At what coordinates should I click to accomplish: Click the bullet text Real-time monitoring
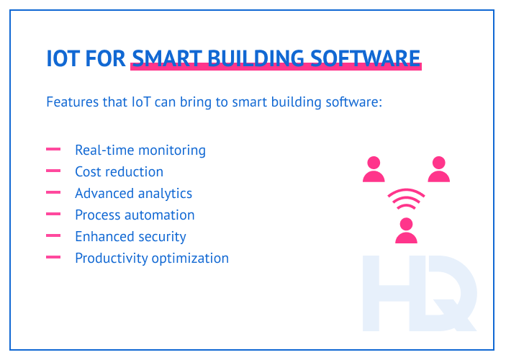140,150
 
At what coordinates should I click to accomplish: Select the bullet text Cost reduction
119,172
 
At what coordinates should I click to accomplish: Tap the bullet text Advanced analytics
133,194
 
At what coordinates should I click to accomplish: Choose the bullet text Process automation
135,215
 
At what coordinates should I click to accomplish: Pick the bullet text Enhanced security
130,236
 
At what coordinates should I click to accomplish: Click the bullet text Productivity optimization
152,258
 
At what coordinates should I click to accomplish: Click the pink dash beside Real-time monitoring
53,150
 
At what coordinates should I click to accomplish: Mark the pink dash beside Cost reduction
53,171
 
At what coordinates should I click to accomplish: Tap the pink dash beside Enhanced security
53,235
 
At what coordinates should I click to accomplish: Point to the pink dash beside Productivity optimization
53,257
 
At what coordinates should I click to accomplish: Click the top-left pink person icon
374,169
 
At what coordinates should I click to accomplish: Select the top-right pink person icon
438,169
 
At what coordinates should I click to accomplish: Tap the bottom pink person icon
407,230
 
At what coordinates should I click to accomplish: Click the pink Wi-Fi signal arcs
407,199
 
